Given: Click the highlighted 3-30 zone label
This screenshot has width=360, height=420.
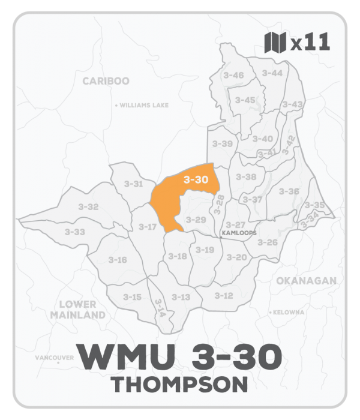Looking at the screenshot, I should [x=196, y=179].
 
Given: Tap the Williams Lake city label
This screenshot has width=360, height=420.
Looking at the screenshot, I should [x=143, y=105].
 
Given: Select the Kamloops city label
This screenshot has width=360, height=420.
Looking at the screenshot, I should [x=239, y=232].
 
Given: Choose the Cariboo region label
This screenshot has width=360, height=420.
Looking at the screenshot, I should [x=106, y=81].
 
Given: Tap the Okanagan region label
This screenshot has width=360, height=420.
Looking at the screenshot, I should [x=305, y=280].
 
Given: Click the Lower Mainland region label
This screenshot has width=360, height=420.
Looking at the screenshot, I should [x=78, y=310].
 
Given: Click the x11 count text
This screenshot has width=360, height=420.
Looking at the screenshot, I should [x=310, y=44].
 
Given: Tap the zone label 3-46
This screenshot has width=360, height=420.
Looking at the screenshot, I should [x=233, y=75].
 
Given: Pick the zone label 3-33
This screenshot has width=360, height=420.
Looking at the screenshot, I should [x=75, y=232].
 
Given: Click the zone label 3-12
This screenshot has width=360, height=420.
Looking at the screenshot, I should [x=223, y=296].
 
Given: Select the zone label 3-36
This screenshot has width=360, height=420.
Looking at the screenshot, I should [x=289, y=191].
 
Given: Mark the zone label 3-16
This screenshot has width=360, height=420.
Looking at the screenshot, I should [x=118, y=260].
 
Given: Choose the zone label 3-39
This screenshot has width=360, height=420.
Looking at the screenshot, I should [x=223, y=144].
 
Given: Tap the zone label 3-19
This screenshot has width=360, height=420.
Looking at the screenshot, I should [x=205, y=250].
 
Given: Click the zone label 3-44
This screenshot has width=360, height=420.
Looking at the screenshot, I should [x=272, y=73].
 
